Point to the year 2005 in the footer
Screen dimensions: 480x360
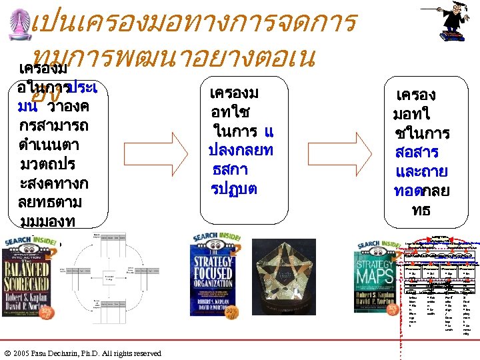(x=21, y=353)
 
